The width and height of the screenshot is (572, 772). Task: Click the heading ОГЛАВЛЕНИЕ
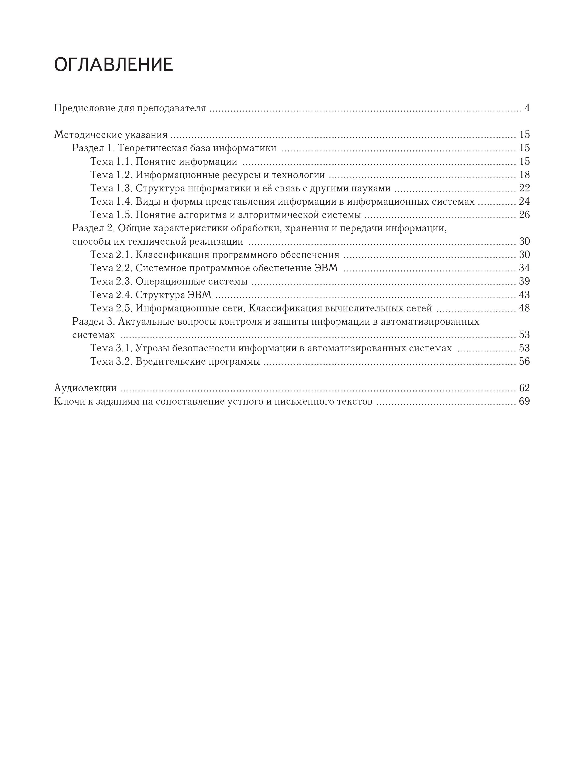[x=113, y=65]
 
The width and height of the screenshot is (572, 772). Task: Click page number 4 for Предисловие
[x=527, y=108]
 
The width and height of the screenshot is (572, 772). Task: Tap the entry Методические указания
[x=111, y=135]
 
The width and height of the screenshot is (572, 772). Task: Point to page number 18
[x=524, y=175]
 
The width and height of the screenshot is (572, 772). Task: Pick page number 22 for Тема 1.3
[x=524, y=188]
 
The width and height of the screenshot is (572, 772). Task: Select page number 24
[x=524, y=201]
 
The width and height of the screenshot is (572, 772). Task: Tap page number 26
[x=524, y=215]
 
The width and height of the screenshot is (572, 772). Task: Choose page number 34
[x=524, y=268]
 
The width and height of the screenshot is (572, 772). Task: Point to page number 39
[x=524, y=281]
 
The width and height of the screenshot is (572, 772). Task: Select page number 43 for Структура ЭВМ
[x=524, y=295]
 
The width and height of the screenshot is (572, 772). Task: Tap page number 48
[x=524, y=308]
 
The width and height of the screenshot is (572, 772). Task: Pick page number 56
[x=524, y=362]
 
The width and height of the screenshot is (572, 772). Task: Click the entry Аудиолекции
[x=85, y=388]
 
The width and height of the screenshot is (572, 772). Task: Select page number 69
[x=524, y=401]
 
